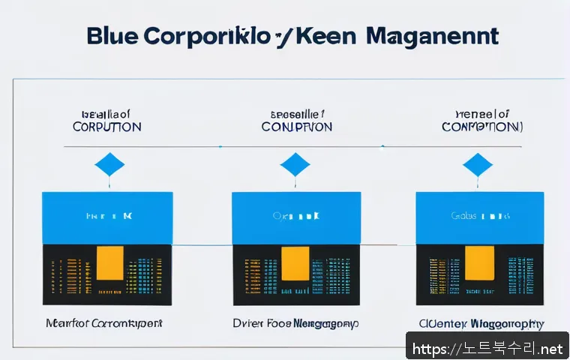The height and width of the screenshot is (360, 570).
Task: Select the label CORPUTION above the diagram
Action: [x=106, y=127]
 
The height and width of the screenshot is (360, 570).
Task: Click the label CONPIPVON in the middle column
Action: [x=296, y=127]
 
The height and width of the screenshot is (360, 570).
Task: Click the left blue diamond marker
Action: [x=109, y=164]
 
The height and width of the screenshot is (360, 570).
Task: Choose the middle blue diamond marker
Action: [x=295, y=164]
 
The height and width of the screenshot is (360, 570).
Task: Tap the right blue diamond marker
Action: [x=478, y=164]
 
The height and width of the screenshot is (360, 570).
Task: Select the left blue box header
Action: [x=107, y=217]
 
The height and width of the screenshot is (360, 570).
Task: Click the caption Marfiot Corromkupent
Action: [x=104, y=324]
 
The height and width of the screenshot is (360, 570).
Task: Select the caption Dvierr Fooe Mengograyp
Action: [x=295, y=324]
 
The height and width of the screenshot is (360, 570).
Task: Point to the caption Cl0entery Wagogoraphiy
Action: [x=481, y=324]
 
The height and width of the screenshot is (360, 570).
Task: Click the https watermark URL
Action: [x=487, y=349]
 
